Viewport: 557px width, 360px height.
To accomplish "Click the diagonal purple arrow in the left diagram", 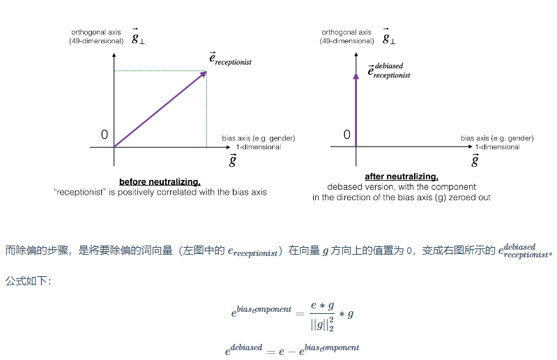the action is (x=160, y=109).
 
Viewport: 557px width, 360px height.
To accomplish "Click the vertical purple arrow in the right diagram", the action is (x=356, y=105).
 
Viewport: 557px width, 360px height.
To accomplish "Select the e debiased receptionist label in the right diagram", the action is (x=389, y=70).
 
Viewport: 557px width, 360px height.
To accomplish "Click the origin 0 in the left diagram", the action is (x=105, y=135).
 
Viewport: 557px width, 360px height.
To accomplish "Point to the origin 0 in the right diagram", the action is (x=346, y=135).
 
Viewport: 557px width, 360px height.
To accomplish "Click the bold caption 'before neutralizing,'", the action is (x=160, y=182).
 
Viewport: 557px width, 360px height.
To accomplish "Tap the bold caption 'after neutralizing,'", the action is (x=402, y=177).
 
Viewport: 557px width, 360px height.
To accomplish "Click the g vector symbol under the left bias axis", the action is (x=233, y=161).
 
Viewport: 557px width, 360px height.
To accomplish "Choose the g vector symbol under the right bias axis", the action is (x=475, y=161).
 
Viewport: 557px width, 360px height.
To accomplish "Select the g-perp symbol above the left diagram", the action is (x=138, y=37).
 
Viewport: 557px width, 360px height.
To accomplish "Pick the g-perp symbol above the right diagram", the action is (x=388, y=37).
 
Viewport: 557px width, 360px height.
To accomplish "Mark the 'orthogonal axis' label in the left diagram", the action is (x=96, y=32).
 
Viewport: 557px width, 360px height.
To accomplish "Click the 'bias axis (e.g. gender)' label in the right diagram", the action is (x=496, y=138).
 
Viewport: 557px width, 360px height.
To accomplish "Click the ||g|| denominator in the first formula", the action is (x=323, y=324).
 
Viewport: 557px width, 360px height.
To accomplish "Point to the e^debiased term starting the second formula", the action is (x=243, y=350).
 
